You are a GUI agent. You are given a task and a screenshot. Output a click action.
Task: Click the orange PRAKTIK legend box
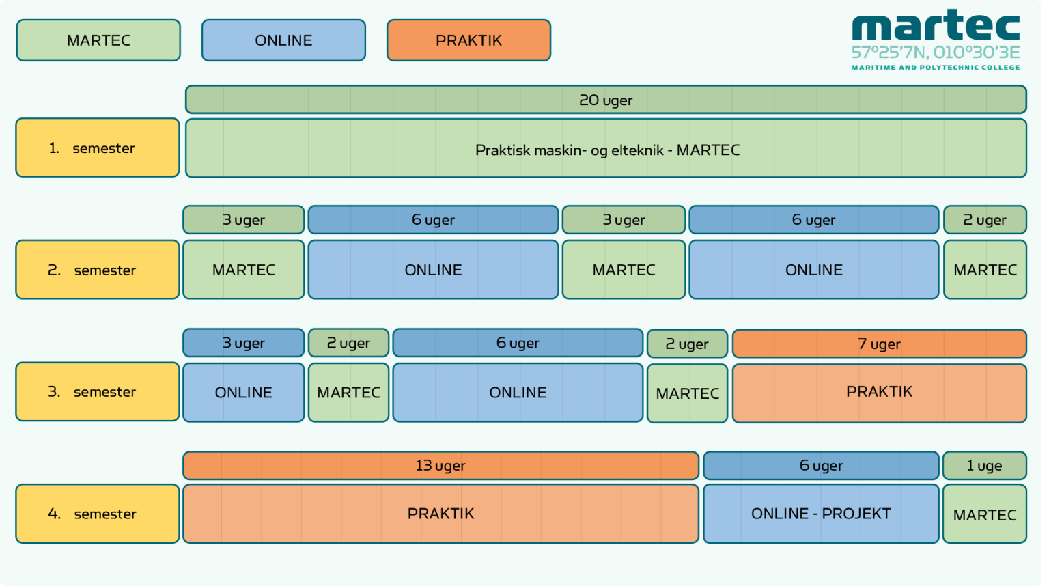point(468,40)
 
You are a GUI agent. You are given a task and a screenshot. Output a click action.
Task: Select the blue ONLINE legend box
point(283,40)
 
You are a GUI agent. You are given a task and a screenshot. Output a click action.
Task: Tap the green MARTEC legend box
point(98,40)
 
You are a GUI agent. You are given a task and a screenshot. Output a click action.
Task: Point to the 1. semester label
point(98,148)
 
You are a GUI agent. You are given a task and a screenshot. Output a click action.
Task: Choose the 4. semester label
point(98,514)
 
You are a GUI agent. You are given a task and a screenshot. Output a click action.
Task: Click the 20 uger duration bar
point(606,100)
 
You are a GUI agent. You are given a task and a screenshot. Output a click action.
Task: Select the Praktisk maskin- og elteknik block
point(606,149)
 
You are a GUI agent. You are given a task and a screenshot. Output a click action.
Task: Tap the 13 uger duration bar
point(440,465)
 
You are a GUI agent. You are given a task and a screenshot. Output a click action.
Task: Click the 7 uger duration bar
point(879,344)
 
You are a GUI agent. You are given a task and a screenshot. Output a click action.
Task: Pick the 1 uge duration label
point(984,465)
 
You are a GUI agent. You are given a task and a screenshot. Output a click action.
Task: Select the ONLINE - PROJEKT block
point(821,514)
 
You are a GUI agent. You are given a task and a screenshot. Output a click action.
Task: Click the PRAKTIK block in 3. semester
point(879,392)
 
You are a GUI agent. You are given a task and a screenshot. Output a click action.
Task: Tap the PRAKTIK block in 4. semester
point(440,514)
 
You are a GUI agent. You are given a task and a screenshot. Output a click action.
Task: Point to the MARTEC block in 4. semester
point(984,514)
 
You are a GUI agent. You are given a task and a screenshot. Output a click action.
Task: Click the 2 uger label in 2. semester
point(985,219)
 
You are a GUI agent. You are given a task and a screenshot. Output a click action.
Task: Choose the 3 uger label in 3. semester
point(243,343)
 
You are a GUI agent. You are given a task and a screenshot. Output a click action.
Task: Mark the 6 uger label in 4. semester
point(821,465)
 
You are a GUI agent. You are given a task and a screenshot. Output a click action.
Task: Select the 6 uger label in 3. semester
point(518,343)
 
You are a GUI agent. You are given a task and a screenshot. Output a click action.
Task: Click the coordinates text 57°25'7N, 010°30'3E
point(935,53)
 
